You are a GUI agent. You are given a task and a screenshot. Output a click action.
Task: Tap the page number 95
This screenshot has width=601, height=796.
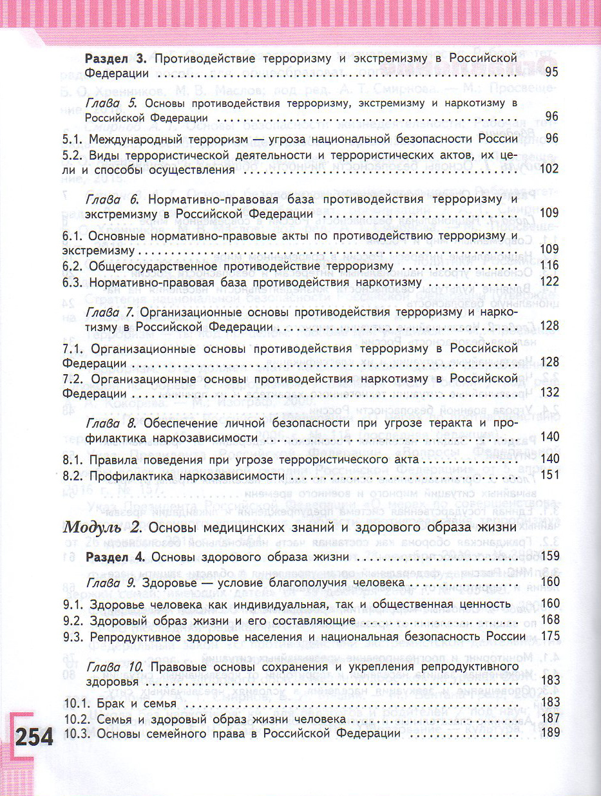(x=551, y=72)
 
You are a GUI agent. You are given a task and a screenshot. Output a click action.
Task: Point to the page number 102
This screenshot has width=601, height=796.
(x=548, y=170)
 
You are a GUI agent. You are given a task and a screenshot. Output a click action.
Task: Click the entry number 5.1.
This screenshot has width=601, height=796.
(x=73, y=138)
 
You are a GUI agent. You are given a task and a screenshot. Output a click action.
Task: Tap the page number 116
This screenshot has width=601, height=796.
(x=549, y=265)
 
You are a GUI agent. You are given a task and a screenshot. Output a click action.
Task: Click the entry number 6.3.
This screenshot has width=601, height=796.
(x=73, y=282)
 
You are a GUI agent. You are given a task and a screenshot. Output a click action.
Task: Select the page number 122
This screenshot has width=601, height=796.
(x=549, y=281)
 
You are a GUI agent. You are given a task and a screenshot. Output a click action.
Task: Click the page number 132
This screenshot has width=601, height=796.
(x=549, y=392)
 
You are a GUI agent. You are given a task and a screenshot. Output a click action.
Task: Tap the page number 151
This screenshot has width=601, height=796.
(x=549, y=477)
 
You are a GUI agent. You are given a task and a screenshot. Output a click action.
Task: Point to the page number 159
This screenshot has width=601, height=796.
(x=549, y=556)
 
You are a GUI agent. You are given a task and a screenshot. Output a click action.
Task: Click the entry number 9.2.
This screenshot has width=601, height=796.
(x=73, y=620)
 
